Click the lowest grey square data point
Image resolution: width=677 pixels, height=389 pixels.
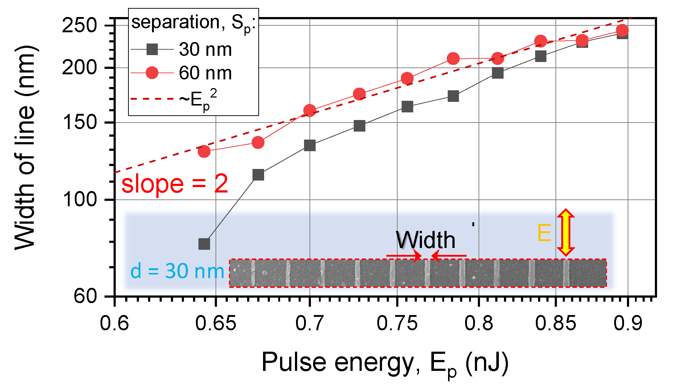[204, 244]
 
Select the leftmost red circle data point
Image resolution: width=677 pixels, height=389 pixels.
[204, 151]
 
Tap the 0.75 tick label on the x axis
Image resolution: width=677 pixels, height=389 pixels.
[397, 323]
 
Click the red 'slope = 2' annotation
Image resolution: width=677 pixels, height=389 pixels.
[175, 184]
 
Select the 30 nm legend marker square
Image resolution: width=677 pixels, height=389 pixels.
[152, 49]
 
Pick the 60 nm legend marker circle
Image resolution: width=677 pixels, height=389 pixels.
[152, 73]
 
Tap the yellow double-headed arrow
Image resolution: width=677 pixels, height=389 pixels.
[566, 232]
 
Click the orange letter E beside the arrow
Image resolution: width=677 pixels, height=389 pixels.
[544, 233]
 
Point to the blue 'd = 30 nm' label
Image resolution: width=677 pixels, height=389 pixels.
[177, 271]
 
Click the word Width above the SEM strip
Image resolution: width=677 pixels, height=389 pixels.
[425, 240]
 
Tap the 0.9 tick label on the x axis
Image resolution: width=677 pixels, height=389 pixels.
[628, 323]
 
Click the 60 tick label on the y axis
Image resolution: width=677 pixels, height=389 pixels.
[86, 296]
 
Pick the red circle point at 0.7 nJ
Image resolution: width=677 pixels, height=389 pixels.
[309, 111]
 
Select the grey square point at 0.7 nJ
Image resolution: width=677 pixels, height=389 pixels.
[309, 145]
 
